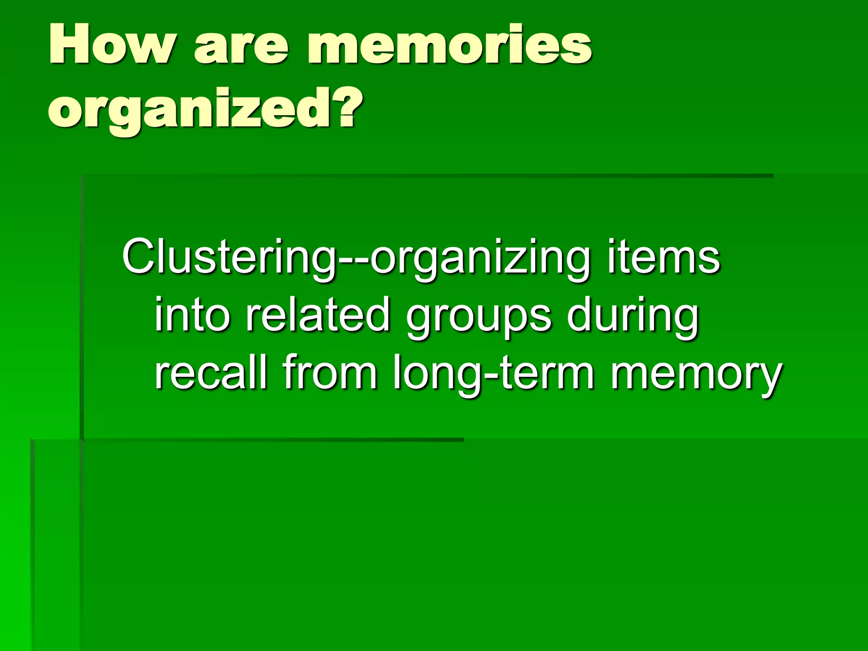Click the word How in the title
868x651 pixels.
coord(111,45)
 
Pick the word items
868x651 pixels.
coord(663,256)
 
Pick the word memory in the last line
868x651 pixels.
coord(695,375)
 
